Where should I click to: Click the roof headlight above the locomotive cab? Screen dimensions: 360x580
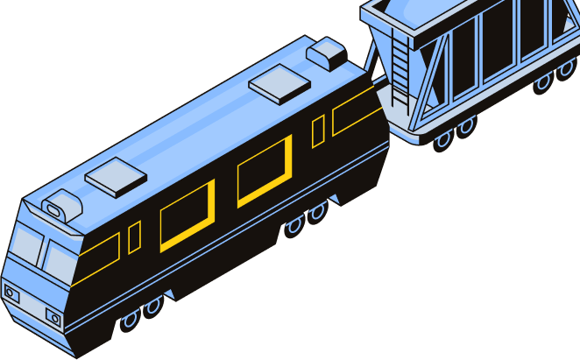point(55,209)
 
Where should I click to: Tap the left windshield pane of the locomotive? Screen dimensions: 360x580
point(26,244)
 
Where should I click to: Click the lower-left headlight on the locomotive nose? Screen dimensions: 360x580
point(11,293)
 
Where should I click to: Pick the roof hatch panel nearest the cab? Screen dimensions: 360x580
point(117,177)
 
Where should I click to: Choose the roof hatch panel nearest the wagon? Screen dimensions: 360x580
point(279,84)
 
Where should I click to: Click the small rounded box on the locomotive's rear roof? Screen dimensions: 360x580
point(327,53)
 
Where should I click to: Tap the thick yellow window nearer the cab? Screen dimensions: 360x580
point(187,215)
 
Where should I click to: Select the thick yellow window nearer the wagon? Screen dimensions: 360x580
point(265,170)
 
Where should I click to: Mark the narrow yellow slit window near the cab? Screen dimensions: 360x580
point(134,237)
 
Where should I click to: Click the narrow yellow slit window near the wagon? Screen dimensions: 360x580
point(318,131)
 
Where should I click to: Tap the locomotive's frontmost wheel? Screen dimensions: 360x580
point(130,320)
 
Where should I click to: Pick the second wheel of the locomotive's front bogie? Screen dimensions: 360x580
point(153,306)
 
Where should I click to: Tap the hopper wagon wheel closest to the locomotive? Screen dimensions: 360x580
point(443,138)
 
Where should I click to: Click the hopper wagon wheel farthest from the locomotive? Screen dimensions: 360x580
point(565,67)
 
